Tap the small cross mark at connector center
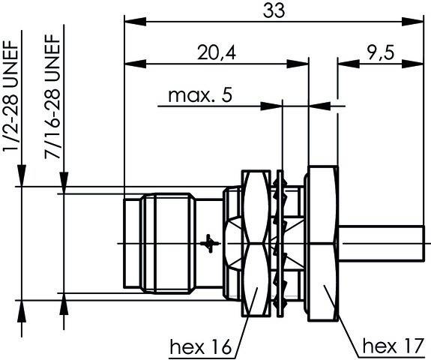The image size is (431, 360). [211, 243]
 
